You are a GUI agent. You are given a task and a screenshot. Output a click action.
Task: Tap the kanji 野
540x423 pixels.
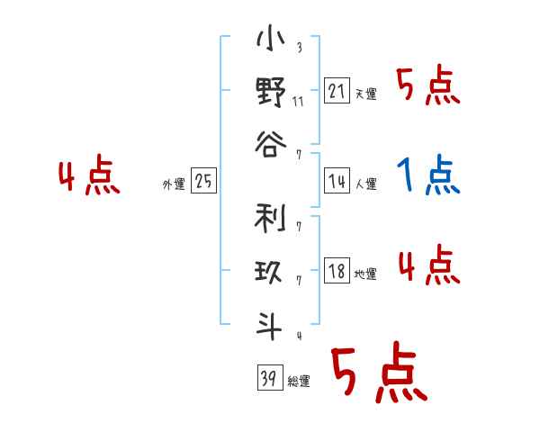(270, 93)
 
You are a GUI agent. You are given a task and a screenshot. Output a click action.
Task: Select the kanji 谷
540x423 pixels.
(270, 144)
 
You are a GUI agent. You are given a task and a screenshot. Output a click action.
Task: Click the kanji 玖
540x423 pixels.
(270, 272)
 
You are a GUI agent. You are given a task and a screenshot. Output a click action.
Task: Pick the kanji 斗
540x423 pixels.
(270, 324)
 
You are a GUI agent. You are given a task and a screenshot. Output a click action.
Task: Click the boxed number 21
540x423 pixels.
(337, 91)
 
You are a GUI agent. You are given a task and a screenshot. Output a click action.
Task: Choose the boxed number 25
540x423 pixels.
(203, 182)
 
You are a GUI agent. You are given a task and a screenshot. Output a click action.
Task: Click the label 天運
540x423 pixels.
(365, 94)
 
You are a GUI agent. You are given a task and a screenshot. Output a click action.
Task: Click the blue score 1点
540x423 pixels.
(428, 175)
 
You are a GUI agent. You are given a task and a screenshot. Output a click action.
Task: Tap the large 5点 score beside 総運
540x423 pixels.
(377, 373)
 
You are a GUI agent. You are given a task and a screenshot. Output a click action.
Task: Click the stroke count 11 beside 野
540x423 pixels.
(298, 101)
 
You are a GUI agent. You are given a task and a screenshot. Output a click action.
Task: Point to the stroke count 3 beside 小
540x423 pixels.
(298, 49)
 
